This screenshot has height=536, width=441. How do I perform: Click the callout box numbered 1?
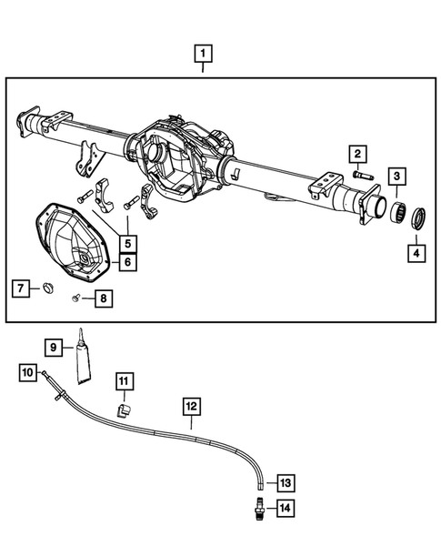click(x=203, y=53)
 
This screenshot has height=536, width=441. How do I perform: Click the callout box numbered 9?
click(x=54, y=347)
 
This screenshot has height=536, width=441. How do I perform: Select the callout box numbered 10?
click(x=28, y=372)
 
